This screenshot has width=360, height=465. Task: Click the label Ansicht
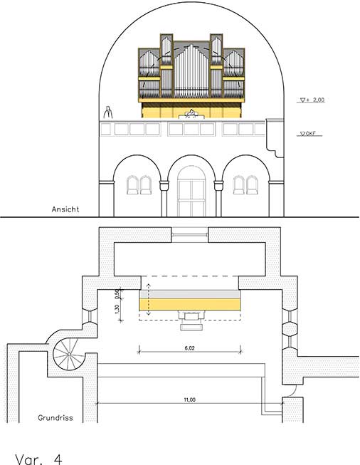65,209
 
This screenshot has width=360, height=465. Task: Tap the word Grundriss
55,418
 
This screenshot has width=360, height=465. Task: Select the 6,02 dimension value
190,348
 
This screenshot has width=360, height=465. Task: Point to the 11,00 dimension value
190,399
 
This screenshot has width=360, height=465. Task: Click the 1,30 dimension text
117,309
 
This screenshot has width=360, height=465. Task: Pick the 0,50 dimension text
117,294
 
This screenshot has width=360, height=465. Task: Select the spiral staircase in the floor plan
65,354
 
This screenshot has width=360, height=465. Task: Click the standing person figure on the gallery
108,113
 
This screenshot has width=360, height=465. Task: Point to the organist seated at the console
191,114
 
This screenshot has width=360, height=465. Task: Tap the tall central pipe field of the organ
191,71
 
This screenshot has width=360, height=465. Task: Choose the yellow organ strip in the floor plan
190,305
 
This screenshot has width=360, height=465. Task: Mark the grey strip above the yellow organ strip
190,294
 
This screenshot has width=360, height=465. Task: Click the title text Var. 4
39,459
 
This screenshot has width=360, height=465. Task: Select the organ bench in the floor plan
192,327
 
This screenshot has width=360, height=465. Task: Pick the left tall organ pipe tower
166,66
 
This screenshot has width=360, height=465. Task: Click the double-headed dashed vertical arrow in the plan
149,300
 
